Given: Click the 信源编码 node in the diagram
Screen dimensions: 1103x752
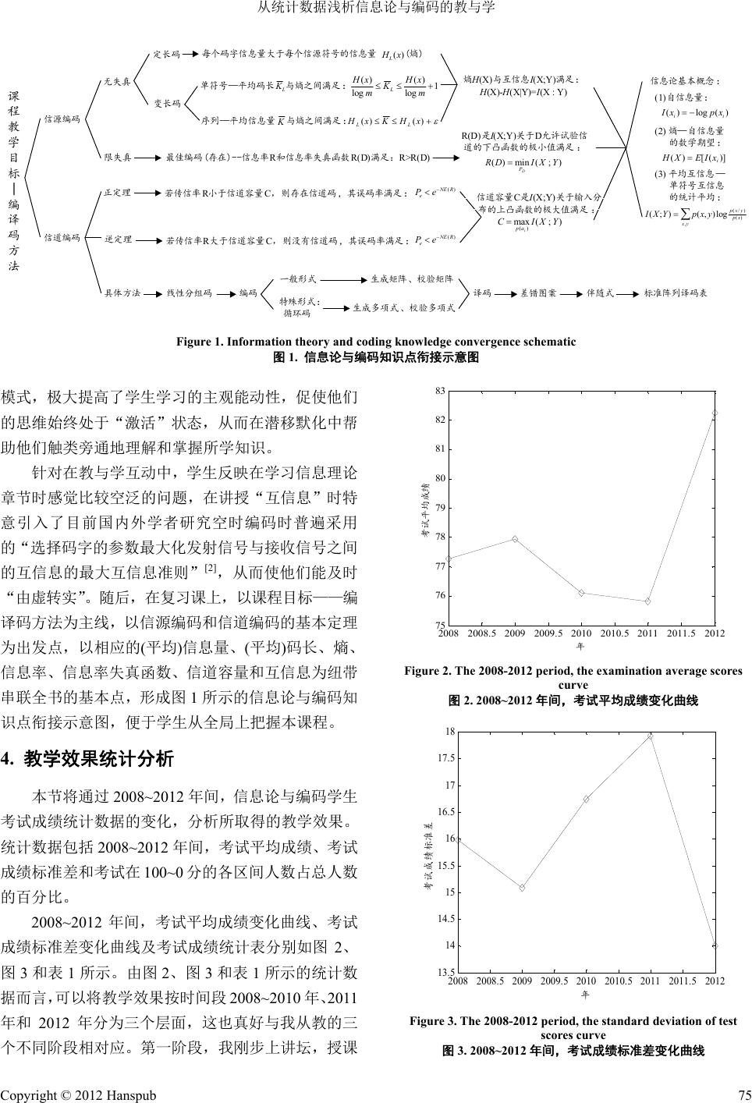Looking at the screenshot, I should pos(62,119).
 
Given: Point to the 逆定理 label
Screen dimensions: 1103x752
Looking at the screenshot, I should pos(117,239).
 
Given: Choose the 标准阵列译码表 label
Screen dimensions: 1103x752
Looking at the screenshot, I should pos(676,293).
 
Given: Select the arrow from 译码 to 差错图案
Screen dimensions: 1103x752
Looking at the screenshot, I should pos(504,293).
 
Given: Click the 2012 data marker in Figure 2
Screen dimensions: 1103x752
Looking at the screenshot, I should pos(715,413).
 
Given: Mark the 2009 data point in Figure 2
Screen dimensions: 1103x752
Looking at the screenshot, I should pos(515,539).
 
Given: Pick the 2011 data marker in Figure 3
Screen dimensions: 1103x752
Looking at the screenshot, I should pos(650,736).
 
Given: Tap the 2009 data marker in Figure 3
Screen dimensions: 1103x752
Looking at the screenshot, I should pos(522,888).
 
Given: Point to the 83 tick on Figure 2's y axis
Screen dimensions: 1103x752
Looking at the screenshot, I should pos(440,390).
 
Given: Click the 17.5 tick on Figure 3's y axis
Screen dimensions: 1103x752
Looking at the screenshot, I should pos(445,758).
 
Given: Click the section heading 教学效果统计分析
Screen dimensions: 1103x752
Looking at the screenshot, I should pos(98,759).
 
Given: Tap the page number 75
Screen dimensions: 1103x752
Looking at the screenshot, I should pos(740,1094).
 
